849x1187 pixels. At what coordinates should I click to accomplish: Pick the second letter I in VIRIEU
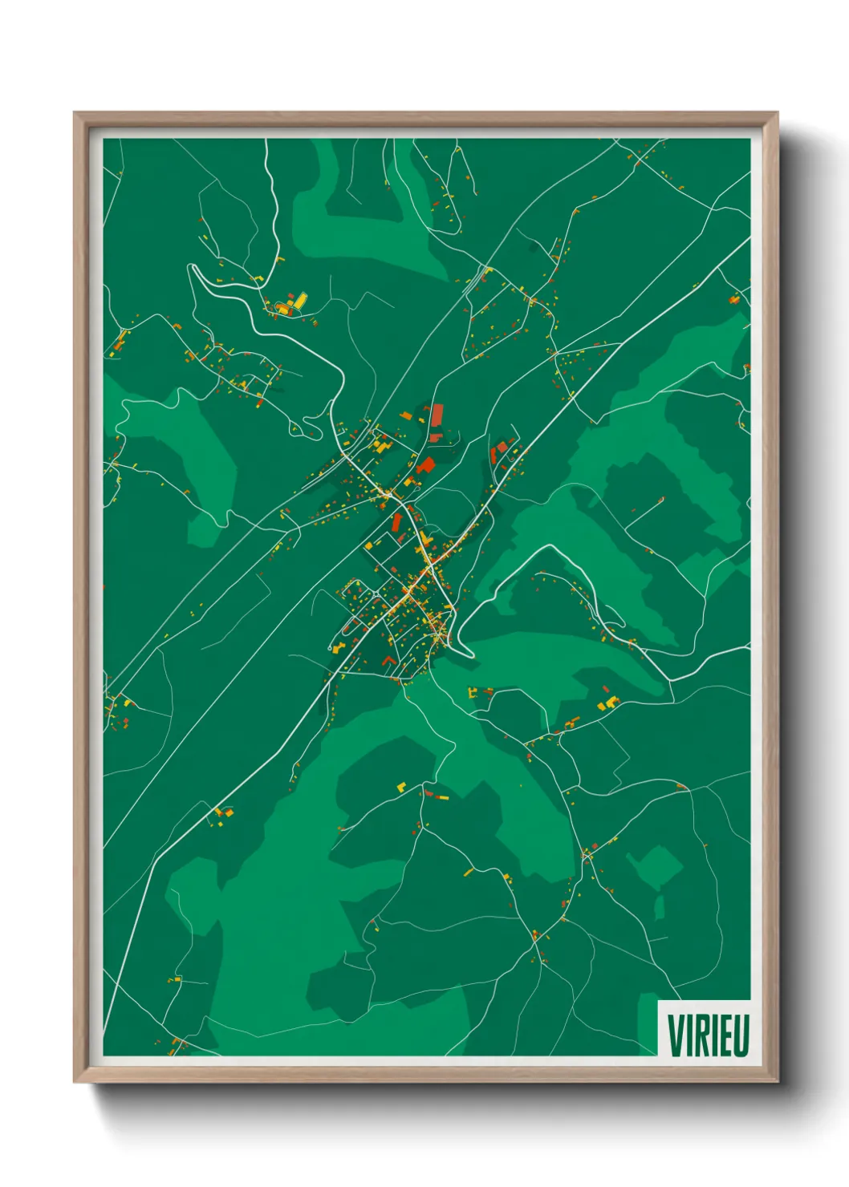tap(713, 1035)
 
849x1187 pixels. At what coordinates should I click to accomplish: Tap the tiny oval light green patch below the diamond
tap(659, 908)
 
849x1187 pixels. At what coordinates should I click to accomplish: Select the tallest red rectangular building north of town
tap(437, 419)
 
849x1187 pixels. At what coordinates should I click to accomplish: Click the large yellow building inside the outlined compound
tap(299, 301)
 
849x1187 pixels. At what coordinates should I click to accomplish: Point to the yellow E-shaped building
tap(609, 703)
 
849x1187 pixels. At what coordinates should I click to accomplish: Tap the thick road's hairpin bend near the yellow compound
tap(195, 271)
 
